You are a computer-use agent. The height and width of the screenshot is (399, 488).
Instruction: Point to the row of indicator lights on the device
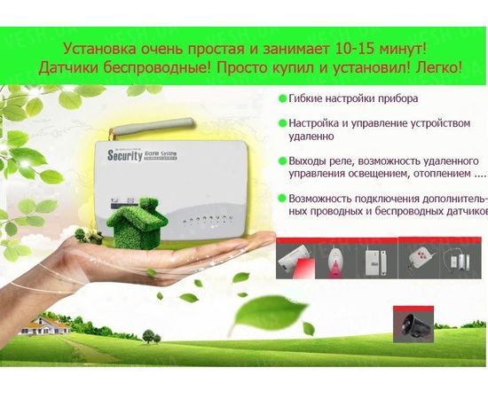[x=203, y=216]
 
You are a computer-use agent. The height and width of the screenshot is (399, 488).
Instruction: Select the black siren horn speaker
[x=415, y=325]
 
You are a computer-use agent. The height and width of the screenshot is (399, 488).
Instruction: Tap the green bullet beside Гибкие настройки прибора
[x=283, y=98]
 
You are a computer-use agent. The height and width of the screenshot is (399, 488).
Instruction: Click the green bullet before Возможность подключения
[x=283, y=199]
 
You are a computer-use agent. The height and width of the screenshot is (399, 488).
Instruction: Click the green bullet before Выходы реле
[x=283, y=160]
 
